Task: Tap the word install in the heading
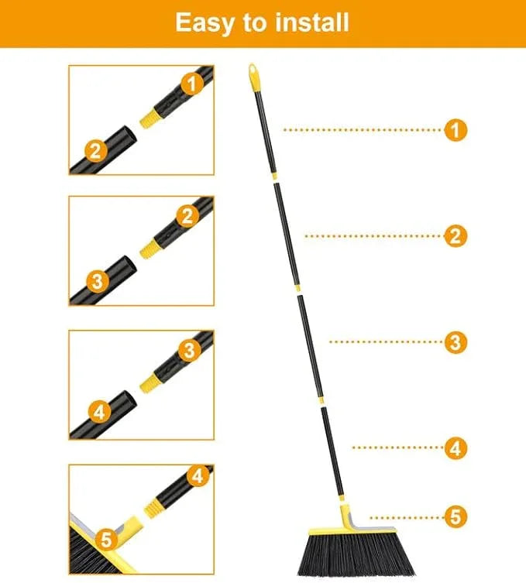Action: coord(305,22)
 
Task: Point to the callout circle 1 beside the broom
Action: coord(456,130)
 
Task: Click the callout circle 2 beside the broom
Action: coord(456,236)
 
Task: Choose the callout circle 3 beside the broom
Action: coord(456,341)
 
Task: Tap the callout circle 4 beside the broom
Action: coord(456,448)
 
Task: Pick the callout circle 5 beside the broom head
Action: coord(456,516)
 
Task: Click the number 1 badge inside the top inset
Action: coord(191,81)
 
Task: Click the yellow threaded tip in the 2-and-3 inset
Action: coord(150,249)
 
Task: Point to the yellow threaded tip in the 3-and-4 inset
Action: coord(150,381)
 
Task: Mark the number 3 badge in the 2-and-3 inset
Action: coord(97,281)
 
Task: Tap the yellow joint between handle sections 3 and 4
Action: coord(320,403)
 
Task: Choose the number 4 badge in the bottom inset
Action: coord(198,475)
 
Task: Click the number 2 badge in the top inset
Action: coord(94,150)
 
